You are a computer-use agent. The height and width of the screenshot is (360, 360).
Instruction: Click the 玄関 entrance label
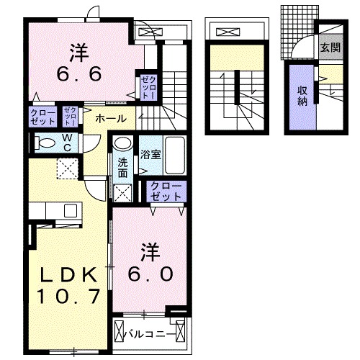(x=330, y=48)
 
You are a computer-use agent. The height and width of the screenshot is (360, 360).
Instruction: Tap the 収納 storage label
(x=302, y=96)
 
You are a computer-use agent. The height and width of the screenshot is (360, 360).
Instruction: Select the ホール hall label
(x=111, y=119)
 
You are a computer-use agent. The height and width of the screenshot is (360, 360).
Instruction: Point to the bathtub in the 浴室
(x=175, y=156)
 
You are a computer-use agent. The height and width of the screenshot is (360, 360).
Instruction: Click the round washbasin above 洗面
(x=123, y=143)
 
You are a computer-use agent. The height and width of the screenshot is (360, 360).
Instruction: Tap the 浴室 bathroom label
(x=150, y=155)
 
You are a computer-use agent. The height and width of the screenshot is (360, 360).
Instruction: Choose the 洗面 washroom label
(x=122, y=168)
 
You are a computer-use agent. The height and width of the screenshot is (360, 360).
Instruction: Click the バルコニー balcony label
(x=146, y=334)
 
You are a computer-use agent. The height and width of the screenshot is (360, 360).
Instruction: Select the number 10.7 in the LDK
(x=68, y=297)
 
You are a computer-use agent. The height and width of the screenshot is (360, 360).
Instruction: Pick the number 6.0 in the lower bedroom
(x=150, y=274)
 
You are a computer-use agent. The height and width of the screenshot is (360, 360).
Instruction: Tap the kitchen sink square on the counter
(x=71, y=210)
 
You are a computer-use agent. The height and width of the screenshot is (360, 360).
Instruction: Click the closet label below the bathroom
(x=166, y=192)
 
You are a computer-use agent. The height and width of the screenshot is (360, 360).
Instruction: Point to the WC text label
(x=67, y=143)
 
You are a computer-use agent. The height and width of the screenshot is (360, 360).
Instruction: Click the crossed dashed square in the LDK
(x=68, y=168)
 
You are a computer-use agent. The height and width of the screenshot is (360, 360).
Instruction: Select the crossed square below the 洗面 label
(x=123, y=193)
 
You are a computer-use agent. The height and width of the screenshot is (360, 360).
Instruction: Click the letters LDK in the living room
(x=68, y=274)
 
